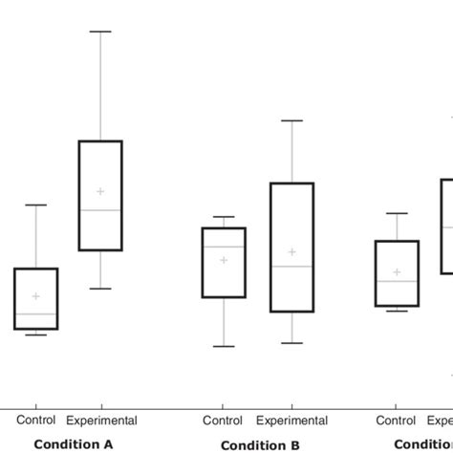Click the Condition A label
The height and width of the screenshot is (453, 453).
[74, 444]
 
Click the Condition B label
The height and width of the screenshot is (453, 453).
[260, 445]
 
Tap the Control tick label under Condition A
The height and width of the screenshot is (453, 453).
[35, 420]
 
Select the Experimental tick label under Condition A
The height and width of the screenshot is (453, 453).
[101, 421]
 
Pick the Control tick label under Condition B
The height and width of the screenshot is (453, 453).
[223, 421]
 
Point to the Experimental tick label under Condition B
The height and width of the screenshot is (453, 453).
[292, 421]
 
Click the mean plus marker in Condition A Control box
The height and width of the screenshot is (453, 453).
[36, 296]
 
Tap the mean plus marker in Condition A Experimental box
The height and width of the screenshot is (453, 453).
[100, 191]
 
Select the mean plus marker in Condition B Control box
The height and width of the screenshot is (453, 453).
[224, 260]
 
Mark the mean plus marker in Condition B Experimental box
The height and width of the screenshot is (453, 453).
[292, 252]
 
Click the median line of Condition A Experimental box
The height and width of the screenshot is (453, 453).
[100, 209]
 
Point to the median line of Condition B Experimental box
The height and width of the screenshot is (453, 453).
[292, 267]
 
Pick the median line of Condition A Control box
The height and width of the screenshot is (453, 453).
[36, 313]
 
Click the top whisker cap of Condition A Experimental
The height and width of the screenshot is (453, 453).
[100, 32]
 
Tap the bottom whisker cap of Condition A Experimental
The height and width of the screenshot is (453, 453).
[100, 288]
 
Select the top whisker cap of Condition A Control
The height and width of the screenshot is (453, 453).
[36, 205]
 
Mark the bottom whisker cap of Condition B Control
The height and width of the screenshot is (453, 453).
[224, 346]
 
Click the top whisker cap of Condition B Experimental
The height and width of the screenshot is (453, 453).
[292, 120]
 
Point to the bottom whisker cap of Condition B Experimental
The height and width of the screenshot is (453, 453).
[292, 342]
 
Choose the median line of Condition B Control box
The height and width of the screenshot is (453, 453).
[224, 247]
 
